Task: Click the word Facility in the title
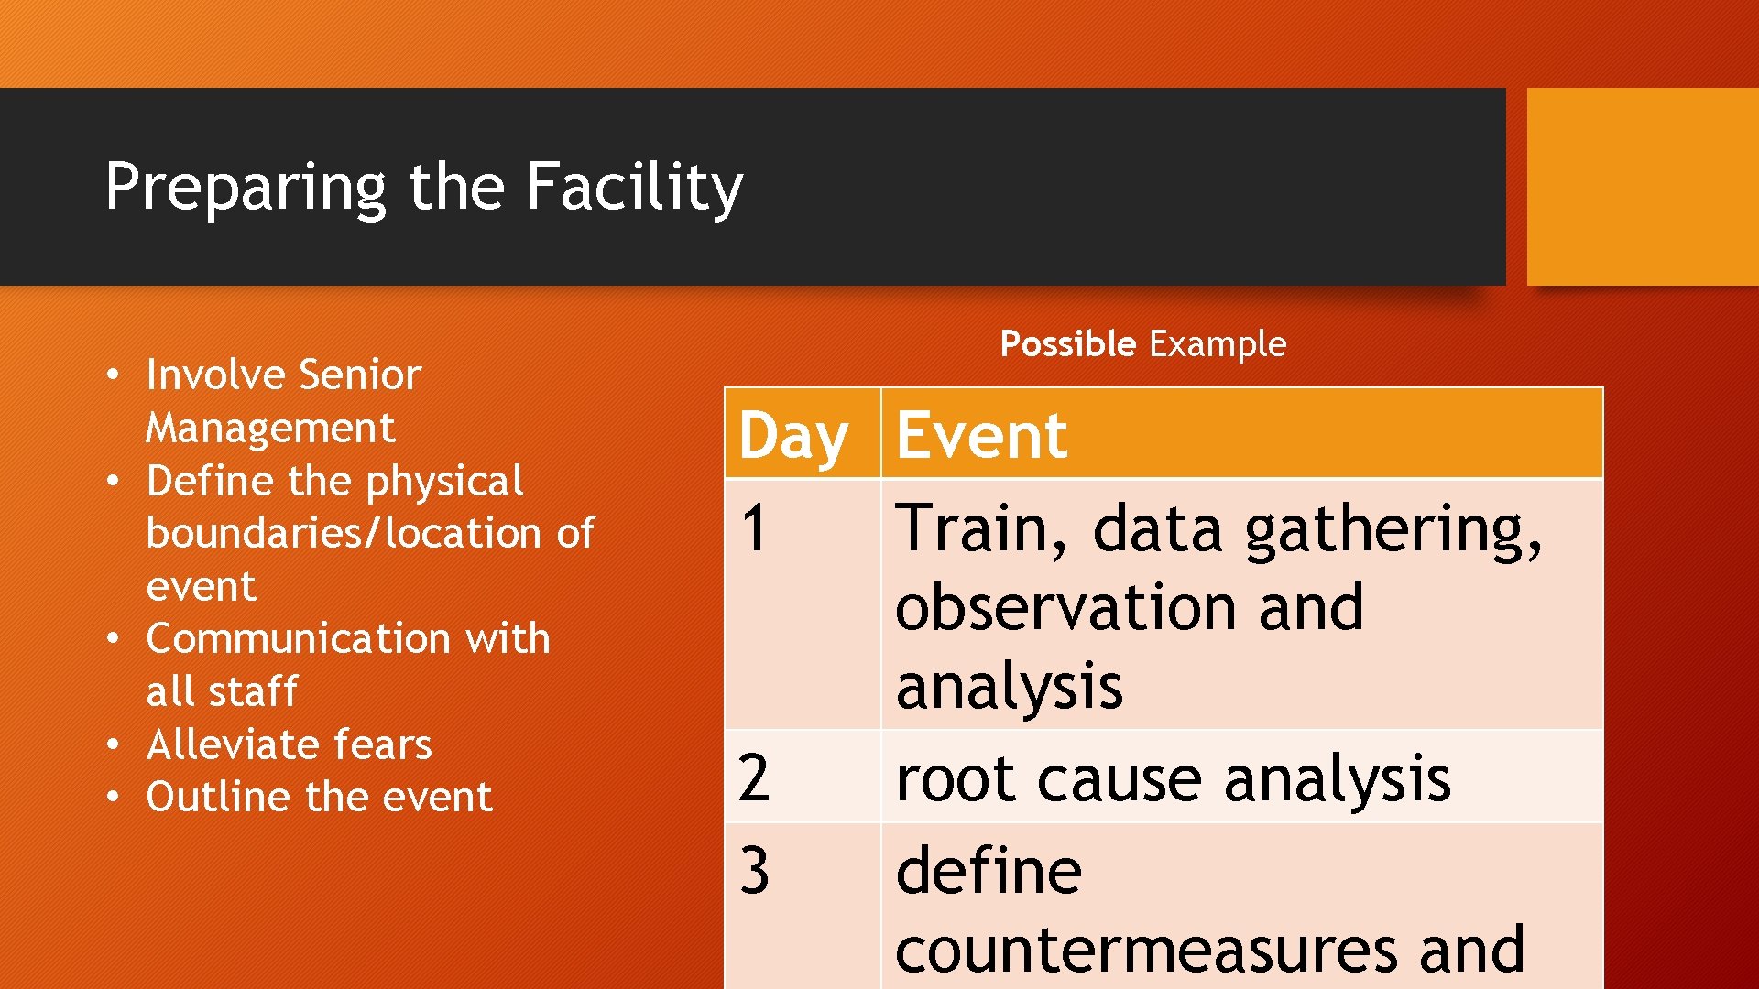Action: [x=634, y=187]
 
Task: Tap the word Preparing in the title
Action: [x=246, y=187]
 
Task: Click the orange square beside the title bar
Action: [x=1642, y=187]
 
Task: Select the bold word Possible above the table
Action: [x=1067, y=344]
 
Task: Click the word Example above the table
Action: [x=1218, y=344]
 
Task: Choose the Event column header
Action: [x=981, y=435]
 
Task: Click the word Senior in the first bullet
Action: [x=359, y=375]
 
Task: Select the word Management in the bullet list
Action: [x=270, y=428]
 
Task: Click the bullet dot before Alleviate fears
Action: [x=112, y=744]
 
